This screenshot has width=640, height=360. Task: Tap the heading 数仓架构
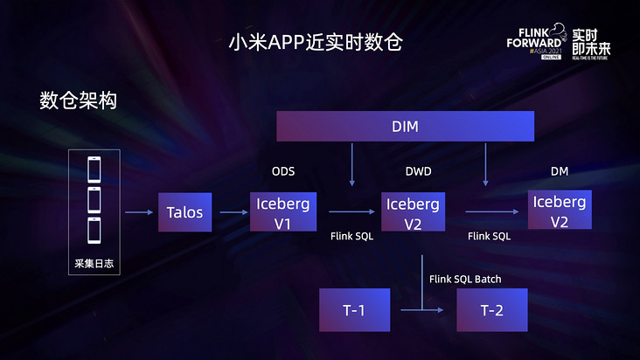tap(78, 100)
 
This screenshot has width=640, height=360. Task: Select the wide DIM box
tap(405, 127)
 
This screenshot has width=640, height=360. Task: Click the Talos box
tap(184, 212)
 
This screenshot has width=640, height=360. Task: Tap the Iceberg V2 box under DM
tap(560, 211)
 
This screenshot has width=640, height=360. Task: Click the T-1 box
tap(354, 309)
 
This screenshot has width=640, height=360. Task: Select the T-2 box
tap(492, 309)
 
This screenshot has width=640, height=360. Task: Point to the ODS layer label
tap(283, 171)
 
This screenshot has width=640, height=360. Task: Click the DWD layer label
tap(419, 171)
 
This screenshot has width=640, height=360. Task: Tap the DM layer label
tap(560, 171)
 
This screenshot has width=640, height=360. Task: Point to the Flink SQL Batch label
tap(465, 280)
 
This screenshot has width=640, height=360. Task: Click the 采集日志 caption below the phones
tap(94, 263)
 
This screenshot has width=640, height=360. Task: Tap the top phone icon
tap(94, 169)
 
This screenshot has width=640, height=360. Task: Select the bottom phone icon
tap(94, 232)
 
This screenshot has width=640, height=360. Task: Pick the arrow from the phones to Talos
tap(137, 211)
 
